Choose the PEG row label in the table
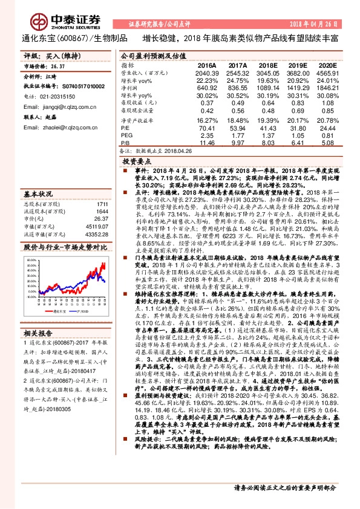click(126, 136)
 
